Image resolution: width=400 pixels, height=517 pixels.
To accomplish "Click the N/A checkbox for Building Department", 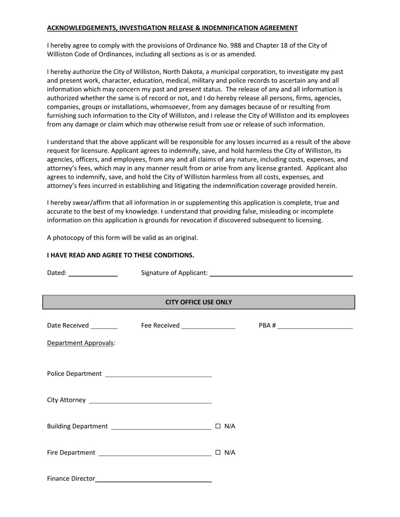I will coord(218,426).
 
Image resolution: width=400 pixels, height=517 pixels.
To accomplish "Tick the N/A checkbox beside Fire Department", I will coord(218,453).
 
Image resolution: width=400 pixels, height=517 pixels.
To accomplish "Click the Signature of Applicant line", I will coord(281,273).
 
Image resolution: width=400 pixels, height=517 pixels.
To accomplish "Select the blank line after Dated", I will coord(93,273).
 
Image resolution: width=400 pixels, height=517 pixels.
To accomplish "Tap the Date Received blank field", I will coord(104,326).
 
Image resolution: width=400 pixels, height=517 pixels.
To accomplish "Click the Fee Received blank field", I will coord(208,326).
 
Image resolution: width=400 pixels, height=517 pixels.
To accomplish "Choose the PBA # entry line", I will coord(315,326).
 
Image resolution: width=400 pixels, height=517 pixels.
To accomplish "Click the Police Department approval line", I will coord(158,374).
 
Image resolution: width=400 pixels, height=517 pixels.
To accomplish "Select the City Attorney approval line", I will coord(150,401).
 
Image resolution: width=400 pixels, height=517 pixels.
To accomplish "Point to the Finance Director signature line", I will coord(153,479).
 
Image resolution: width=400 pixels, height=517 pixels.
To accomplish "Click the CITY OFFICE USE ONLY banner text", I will coord(198,302).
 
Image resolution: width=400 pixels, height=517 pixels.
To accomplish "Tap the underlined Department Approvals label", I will coord(80,343).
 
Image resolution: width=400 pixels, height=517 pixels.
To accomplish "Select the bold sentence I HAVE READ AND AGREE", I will coord(120,255).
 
